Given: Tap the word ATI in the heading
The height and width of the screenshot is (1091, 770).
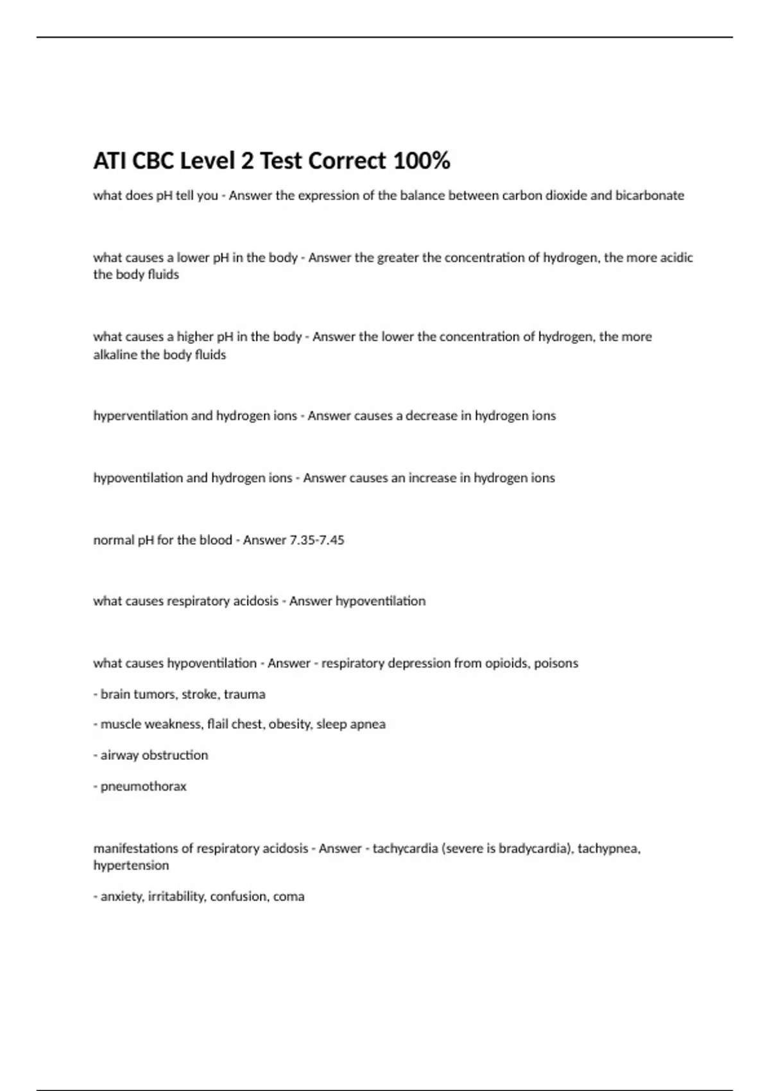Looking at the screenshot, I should (x=110, y=160).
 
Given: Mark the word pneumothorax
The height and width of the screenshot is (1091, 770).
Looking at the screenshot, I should (x=143, y=786).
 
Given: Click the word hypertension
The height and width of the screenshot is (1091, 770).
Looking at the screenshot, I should (x=131, y=865).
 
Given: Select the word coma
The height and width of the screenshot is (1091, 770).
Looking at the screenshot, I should (x=289, y=896).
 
